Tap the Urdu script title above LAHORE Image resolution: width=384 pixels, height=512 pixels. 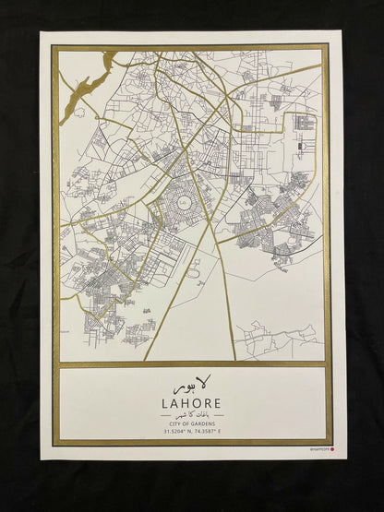(190, 383)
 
